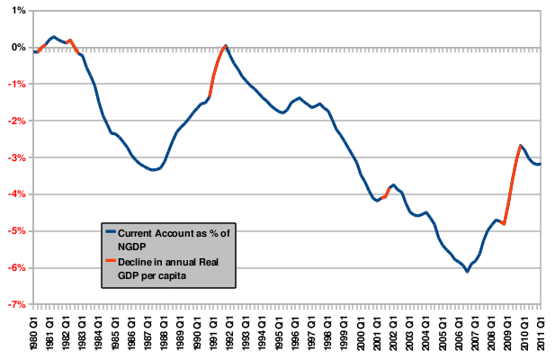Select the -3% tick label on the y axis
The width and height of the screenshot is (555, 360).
14,157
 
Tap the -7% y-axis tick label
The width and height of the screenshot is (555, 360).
14,305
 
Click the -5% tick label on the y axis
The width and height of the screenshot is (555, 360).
14,231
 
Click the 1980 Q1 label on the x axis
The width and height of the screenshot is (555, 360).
34,330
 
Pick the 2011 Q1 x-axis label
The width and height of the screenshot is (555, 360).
541,330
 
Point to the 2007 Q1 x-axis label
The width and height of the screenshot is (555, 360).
475,330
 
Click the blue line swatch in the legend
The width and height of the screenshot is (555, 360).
111,231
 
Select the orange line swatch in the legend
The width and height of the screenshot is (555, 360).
111,260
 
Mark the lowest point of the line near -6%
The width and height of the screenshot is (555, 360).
468,271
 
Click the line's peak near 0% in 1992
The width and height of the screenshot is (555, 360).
226,45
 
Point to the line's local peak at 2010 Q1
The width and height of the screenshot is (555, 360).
520,145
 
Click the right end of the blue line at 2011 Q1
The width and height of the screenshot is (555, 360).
540,164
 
